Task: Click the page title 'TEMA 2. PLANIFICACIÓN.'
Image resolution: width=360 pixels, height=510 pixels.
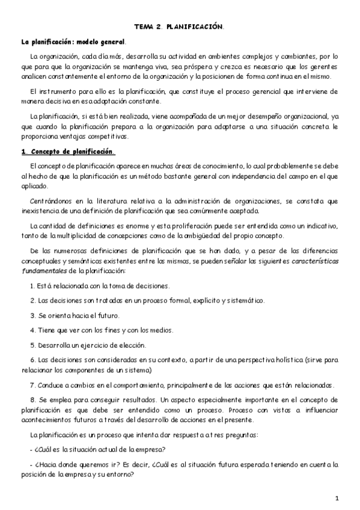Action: (179, 27)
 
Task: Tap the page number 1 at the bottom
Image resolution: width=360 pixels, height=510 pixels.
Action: (338, 498)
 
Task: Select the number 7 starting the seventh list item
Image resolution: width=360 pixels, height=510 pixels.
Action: (31, 385)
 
